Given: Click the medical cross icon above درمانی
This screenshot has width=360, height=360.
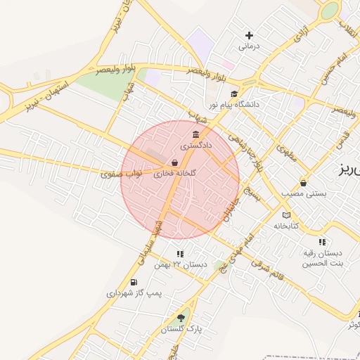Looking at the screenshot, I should pyautogui.click(x=249, y=35).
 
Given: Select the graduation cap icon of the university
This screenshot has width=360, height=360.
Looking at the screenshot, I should pyautogui.click(x=233, y=94).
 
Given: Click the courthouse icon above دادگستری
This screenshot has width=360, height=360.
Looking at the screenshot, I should pyautogui.click(x=195, y=135).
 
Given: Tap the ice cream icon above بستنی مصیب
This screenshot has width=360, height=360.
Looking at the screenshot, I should pyautogui.click(x=303, y=182).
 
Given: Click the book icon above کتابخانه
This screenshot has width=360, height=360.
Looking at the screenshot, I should pyautogui.click(x=285, y=215).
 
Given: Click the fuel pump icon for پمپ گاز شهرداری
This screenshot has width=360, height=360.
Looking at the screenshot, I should pyautogui.click(x=134, y=282).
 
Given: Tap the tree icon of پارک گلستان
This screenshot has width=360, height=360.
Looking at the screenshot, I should pyautogui.click(x=181, y=319).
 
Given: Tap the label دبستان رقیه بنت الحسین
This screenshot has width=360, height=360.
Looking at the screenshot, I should pyautogui.click(x=322, y=258).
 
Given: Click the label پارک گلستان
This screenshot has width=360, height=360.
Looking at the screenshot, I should pyautogui.click(x=181, y=329).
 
